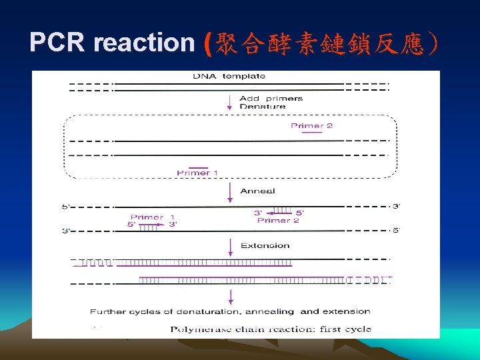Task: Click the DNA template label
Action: coord(229,76)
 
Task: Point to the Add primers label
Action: coord(271,98)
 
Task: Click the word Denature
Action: coord(262,107)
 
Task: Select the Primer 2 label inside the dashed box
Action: coord(311,125)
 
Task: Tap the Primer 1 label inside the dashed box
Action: coord(197,173)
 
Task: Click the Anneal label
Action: coord(257,191)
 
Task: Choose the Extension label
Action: coord(265,245)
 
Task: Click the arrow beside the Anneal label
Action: coord(229,191)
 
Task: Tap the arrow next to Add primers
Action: coord(229,101)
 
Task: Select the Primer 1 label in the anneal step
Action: coord(152,217)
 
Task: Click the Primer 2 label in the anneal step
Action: coord(278,221)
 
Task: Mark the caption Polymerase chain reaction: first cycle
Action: coord(270,329)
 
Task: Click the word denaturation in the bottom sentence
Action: coord(205,311)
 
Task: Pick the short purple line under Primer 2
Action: coord(311,132)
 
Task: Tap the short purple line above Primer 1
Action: coord(198,167)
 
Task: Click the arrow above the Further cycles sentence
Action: coord(229,297)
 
